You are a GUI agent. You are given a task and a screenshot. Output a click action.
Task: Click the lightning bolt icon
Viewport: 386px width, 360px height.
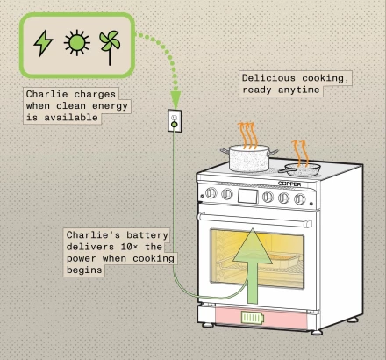43,43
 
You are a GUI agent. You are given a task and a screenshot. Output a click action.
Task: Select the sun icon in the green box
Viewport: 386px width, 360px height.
77,43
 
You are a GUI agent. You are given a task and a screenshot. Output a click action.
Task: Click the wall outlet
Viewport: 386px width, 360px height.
175,121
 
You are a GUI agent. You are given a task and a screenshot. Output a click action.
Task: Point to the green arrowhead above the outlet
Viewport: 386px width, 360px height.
175,100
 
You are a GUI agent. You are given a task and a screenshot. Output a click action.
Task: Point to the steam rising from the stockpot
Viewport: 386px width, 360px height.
249,133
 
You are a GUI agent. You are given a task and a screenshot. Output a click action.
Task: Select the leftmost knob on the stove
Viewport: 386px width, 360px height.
211,193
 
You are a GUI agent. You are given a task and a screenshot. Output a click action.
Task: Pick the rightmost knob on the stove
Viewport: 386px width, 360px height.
300,199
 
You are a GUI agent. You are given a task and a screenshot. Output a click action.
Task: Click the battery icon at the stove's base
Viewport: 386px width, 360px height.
252,317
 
